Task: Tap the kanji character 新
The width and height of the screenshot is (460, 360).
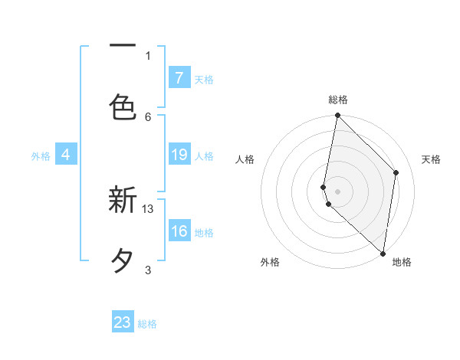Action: tap(123, 201)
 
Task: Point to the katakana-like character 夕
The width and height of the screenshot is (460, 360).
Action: tap(123, 261)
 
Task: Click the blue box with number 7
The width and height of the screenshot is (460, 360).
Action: tap(179, 78)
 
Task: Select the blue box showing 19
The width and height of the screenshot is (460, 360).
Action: tap(179, 155)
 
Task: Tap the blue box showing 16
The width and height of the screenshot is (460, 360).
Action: tap(179, 231)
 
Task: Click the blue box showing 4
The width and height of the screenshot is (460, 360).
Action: tap(66, 155)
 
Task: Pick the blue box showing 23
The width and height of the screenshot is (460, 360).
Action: tap(123, 322)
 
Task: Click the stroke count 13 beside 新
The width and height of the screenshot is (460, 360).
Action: tap(149, 208)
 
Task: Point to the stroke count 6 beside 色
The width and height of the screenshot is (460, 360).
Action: tap(148, 116)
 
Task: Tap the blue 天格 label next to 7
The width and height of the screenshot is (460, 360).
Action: tap(204, 79)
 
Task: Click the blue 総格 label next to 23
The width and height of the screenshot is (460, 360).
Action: tap(147, 324)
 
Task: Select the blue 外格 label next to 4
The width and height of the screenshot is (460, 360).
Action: tap(41, 156)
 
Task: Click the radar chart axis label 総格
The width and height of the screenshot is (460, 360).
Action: tap(338, 100)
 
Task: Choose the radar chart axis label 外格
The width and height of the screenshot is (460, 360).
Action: tap(270, 262)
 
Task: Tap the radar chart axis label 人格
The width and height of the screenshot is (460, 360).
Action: tap(245, 159)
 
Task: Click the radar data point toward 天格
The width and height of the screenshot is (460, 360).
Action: tap(396, 172)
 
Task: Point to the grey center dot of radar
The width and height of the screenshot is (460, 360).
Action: tap(338, 190)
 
